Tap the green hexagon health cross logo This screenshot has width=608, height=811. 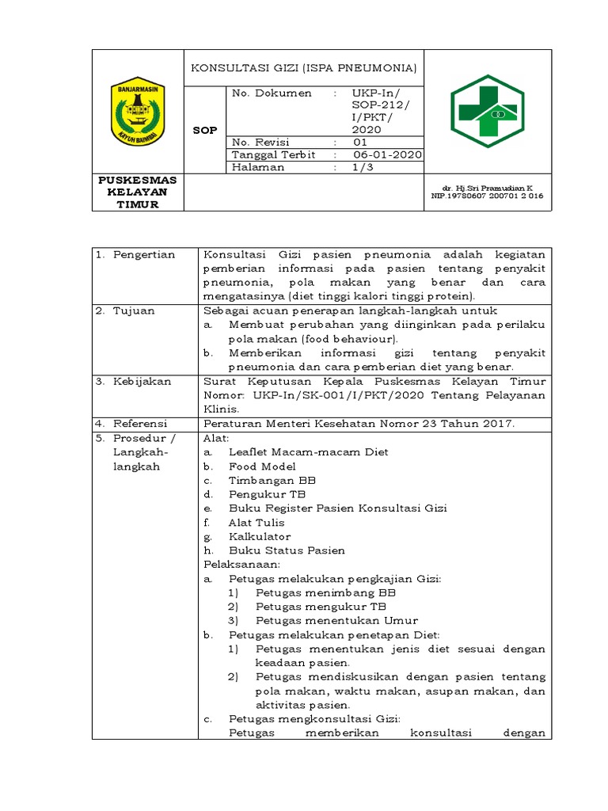coord(483,110)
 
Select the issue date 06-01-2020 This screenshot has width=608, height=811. coord(387,155)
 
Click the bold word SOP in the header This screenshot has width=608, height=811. coord(205,131)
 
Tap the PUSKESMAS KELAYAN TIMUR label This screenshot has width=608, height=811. coord(138,192)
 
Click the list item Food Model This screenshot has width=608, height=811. coord(262,466)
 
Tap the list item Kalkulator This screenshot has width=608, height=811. coord(260,537)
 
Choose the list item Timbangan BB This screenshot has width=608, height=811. coord(272,481)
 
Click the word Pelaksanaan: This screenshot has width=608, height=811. coord(242,565)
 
